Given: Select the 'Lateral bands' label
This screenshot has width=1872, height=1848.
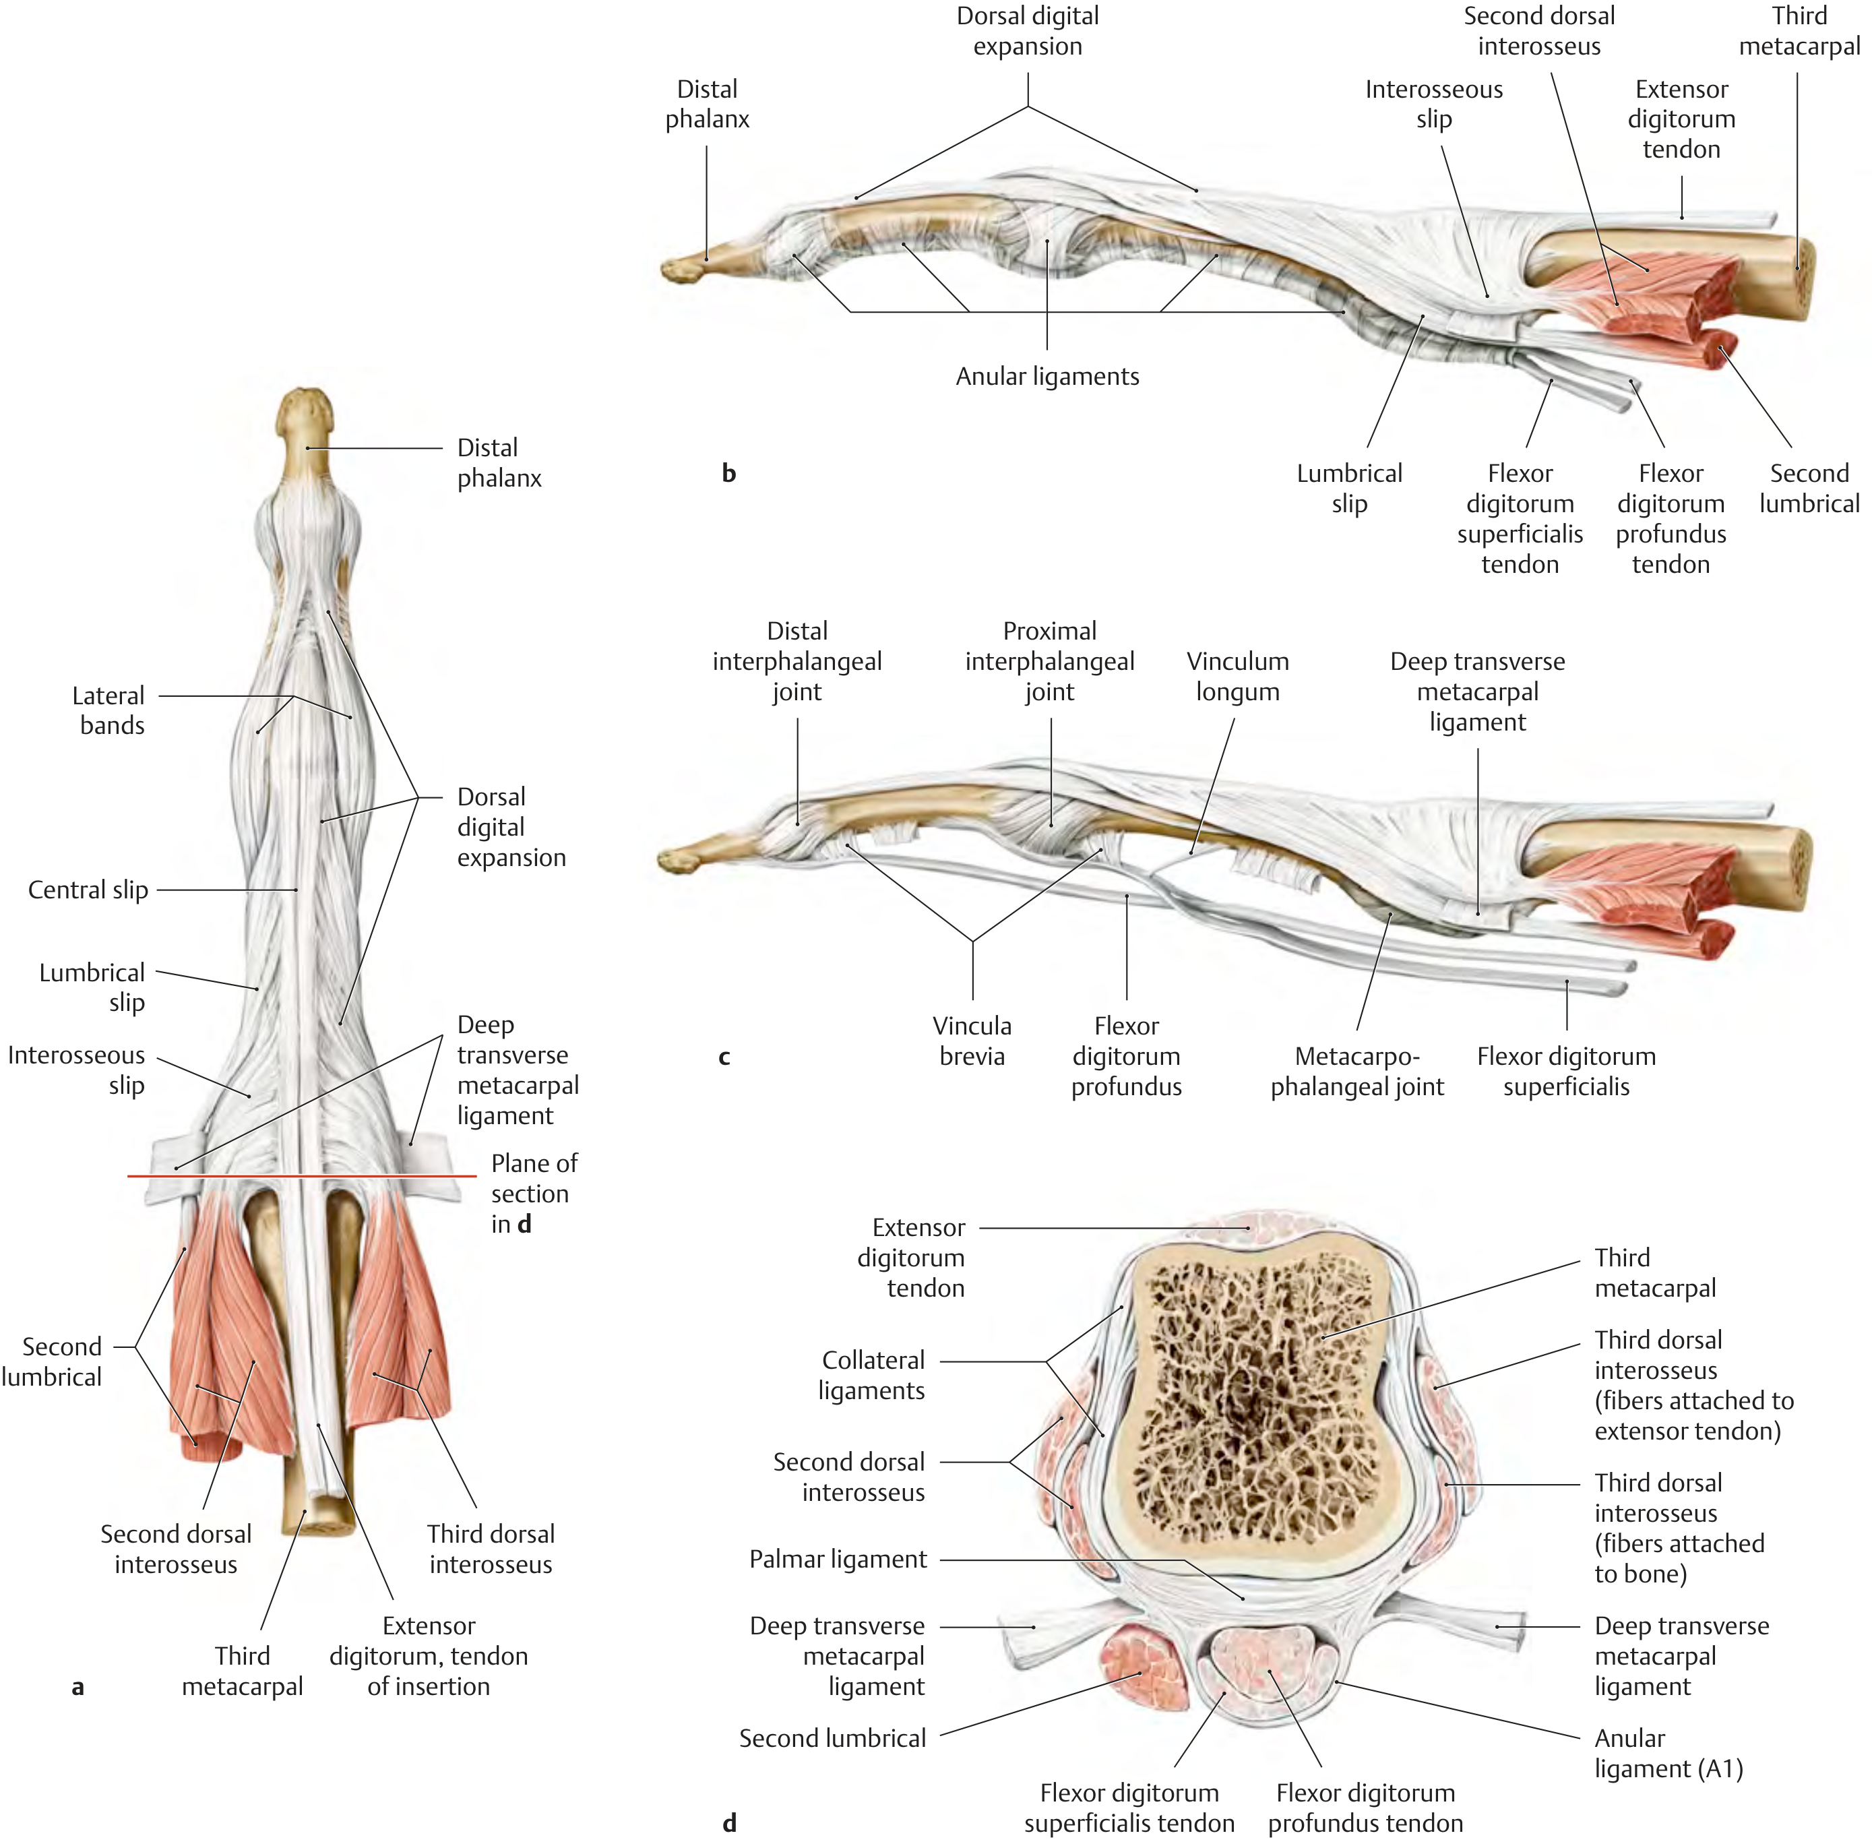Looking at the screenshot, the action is (x=108, y=710).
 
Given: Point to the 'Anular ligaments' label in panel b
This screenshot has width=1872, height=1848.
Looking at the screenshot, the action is (x=1047, y=376).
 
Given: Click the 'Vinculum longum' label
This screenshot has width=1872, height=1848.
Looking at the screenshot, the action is (x=1237, y=677).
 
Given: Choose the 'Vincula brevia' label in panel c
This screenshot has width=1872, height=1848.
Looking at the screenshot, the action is (x=972, y=1041).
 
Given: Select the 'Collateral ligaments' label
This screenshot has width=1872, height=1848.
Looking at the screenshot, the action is (x=872, y=1375).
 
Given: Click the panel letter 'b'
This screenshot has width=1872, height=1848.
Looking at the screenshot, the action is (x=728, y=473).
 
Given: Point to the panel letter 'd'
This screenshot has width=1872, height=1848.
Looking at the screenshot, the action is (x=730, y=1823).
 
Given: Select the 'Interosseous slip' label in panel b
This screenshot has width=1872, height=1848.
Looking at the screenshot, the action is (x=1433, y=104).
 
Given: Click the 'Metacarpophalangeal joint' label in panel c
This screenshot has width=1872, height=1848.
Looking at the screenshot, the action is (x=1356, y=1071).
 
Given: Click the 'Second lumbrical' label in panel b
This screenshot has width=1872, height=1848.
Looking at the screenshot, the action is (x=1809, y=489).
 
